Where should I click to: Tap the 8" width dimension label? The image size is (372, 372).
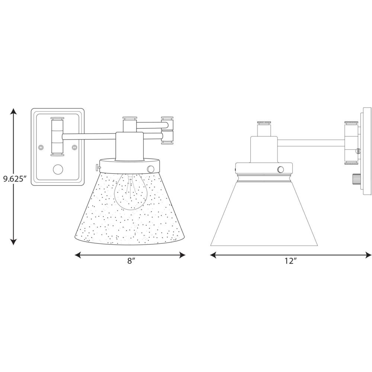[x=131, y=261]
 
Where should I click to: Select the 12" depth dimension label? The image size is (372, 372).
[x=291, y=261]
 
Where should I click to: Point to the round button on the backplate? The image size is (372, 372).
[x=58, y=170]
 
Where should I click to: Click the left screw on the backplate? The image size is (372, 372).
[x=41, y=147]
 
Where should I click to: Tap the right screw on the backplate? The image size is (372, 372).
[x=74, y=147]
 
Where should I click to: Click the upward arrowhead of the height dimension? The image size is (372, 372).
[x=13, y=112]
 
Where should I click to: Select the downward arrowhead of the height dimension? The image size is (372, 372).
[x=13, y=241]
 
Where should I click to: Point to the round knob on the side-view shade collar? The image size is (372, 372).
[x=280, y=169]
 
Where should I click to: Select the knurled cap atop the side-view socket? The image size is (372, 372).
[x=264, y=122]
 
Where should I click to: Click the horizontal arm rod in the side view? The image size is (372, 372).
[x=311, y=143]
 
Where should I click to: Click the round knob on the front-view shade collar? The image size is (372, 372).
[x=150, y=169]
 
